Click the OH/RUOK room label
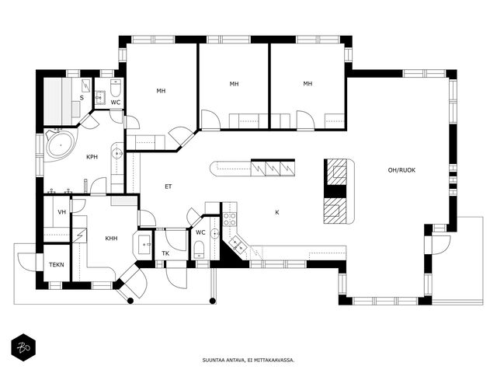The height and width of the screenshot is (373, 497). [401, 170]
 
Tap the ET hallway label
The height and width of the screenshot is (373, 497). [169, 186]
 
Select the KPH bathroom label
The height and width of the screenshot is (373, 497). [92, 157]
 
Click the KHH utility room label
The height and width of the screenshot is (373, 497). [111, 239]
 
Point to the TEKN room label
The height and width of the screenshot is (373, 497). [57, 264]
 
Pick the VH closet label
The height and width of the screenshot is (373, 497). [62, 211]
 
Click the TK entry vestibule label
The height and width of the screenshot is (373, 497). [165, 253]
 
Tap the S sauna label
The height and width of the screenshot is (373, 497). [82, 98]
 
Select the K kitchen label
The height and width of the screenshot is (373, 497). [277, 212]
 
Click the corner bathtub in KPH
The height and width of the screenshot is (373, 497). [61, 145]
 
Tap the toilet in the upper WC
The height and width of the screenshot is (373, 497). [116, 88]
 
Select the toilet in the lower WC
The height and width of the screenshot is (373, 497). [199, 249]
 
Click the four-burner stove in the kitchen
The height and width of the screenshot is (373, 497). [230, 219]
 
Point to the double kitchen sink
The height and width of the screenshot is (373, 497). [238, 244]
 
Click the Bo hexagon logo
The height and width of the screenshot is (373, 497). [23, 347]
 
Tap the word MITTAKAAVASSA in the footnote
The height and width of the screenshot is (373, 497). [280, 361]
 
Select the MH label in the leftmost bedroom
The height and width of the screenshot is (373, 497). [161, 91]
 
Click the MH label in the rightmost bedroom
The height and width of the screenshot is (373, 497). [308, 84]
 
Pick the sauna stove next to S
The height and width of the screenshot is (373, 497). [86, 85]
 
